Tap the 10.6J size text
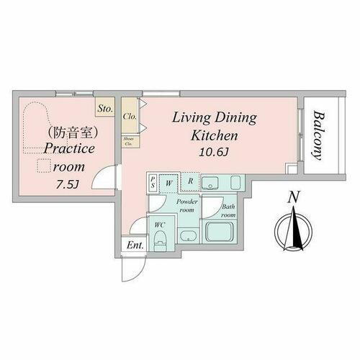pos(215,152)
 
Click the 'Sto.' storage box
pos(105,109)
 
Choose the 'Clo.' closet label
pos(130,115)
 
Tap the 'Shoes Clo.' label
pos(129,140)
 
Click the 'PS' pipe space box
pos(153,183)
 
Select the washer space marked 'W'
pos(168,183)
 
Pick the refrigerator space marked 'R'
pos(190,182)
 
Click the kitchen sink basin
pos(210,183)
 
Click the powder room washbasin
pos(187,235)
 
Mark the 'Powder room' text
pos(187,206)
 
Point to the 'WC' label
pos(161,224)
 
